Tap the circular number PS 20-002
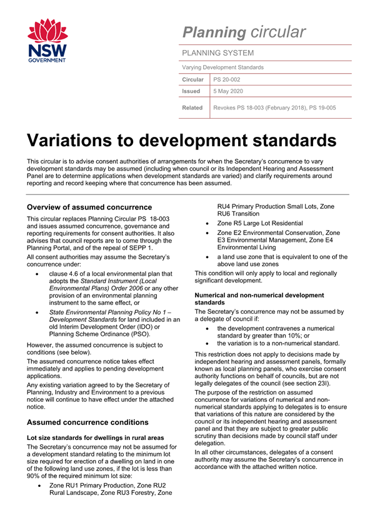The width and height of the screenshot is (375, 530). (x=227, y=79)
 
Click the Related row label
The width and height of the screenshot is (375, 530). (x=192, y=107)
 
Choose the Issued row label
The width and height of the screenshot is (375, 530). (x=191, y=91)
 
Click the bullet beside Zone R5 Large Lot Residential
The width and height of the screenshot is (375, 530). (x=207, y=223)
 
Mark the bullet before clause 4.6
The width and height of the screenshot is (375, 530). (x=39, y=273)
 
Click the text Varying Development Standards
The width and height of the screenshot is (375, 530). (x=222, y=67)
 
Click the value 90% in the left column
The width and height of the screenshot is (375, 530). (x=37, y=470)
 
